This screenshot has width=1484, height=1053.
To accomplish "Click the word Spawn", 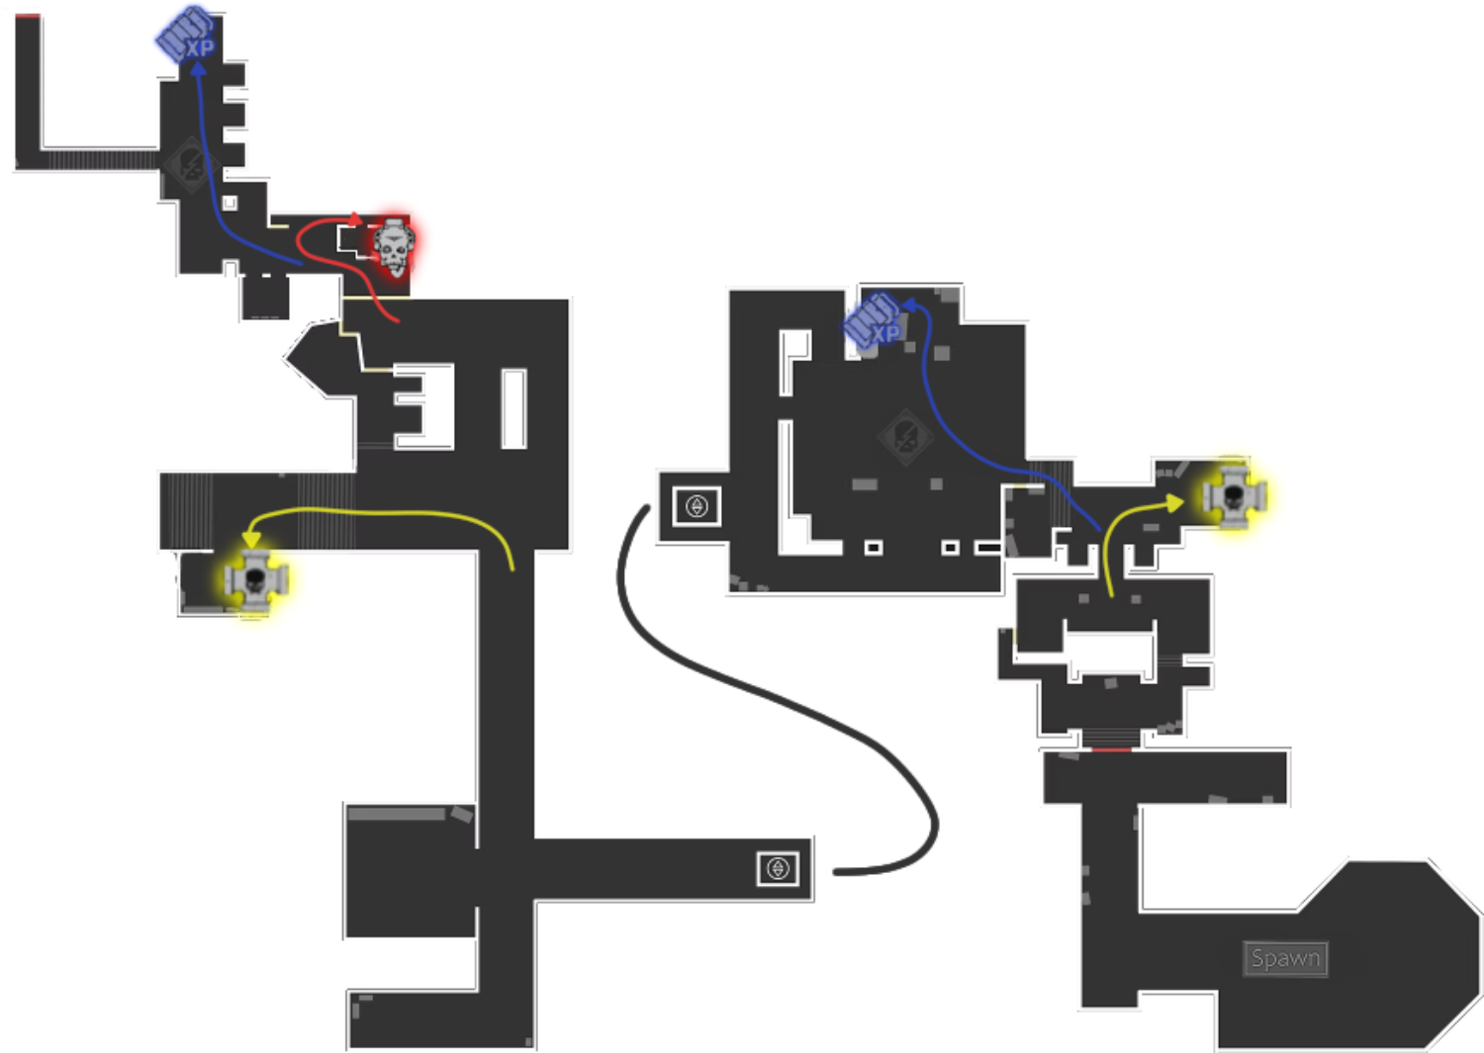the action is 1285,958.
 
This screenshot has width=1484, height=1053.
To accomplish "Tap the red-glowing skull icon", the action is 394,246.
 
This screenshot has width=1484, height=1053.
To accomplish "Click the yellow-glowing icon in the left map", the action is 255,580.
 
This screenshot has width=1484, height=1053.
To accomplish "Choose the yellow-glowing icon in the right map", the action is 1235,496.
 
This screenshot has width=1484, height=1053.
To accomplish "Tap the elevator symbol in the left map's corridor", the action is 778,868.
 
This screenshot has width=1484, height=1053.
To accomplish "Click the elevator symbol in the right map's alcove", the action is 696,506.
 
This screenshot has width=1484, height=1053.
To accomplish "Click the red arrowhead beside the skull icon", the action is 356,219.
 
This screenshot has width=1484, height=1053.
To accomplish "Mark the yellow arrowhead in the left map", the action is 251,540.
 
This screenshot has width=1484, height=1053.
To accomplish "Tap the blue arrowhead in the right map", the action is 909,305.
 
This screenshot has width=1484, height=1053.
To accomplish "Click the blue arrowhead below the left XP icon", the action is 198,68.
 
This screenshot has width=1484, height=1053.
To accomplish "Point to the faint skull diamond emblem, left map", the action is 192,164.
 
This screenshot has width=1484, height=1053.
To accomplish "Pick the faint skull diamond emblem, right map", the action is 905,436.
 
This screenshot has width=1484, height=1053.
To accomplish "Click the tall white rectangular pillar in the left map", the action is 513,408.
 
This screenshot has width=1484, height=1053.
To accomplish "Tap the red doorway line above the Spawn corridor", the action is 1112,749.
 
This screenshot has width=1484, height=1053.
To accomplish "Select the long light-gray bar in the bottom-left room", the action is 396,814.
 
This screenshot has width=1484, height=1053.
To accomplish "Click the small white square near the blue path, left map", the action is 230,203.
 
